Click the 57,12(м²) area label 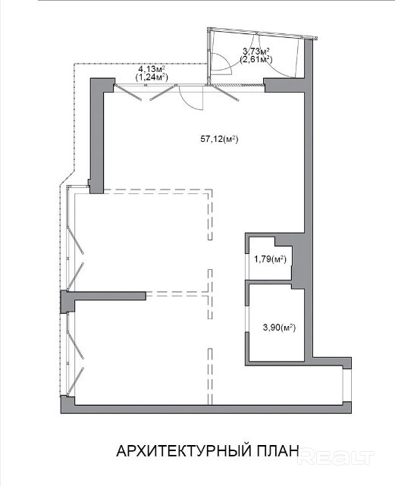coord(219,140)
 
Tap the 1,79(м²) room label coord(270,259)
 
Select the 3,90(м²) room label coord(279,328)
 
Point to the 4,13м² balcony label coord(152,68)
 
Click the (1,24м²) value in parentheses coord(152,77)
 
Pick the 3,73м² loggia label coord(255,51)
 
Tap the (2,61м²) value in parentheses coord(255,59)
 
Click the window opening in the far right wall coord(347,385)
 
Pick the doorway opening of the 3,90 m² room coord(247,319)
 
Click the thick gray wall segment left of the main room coord(97,136)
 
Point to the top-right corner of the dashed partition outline coord(211,190)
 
